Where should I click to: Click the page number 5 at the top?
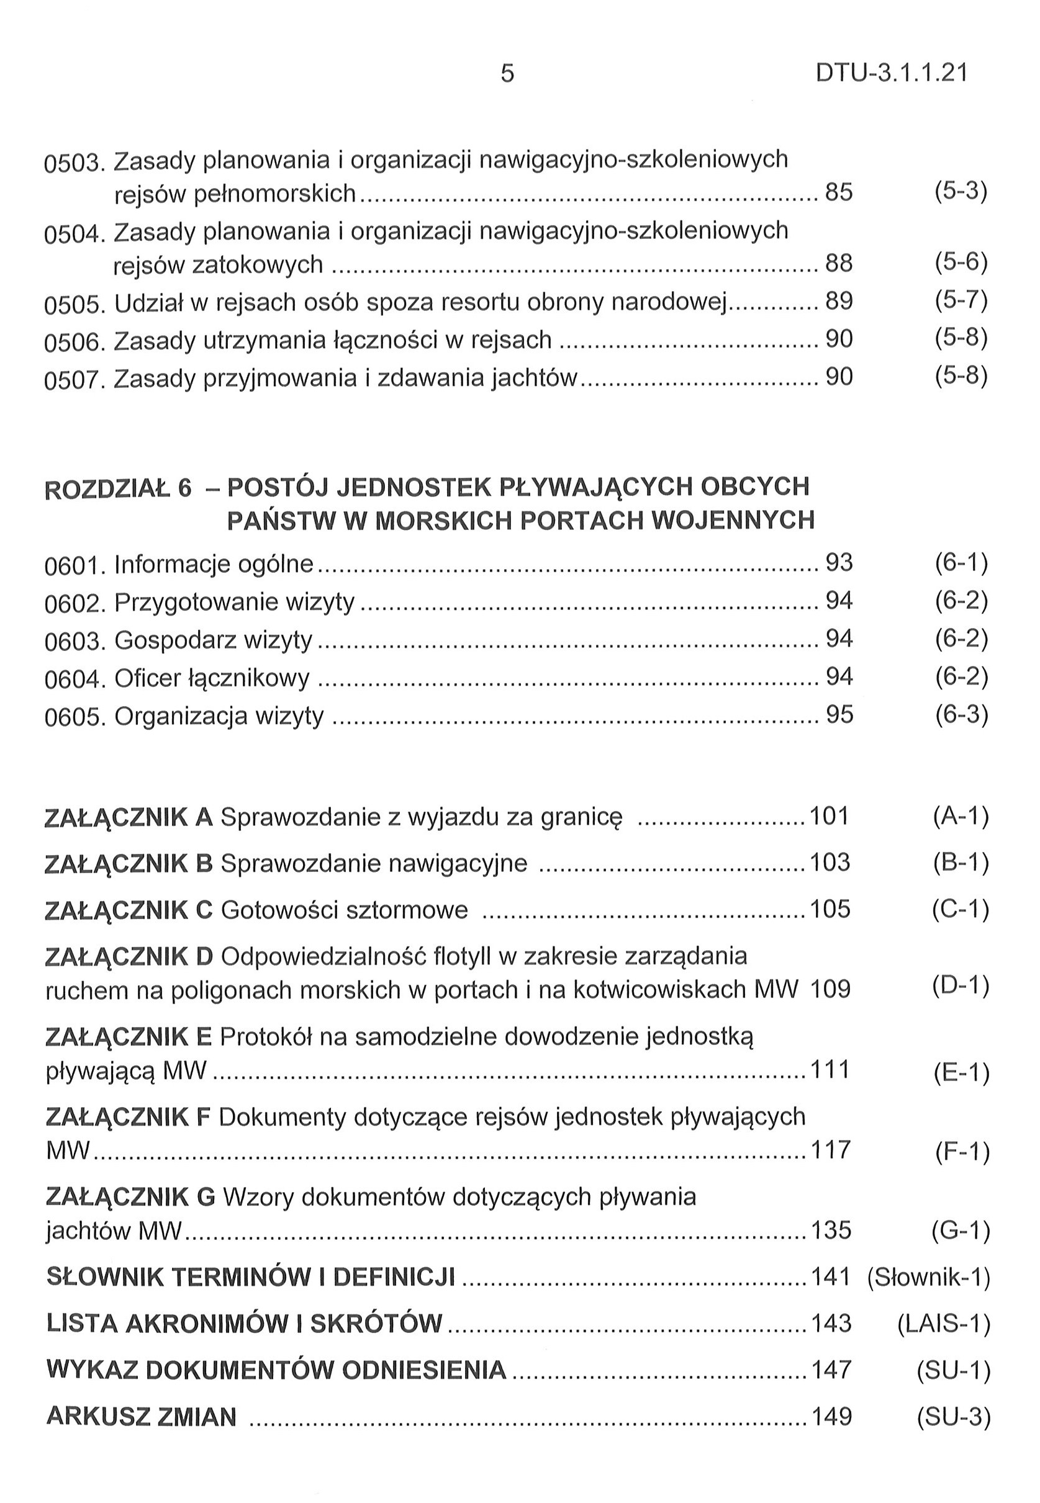click(507, 74)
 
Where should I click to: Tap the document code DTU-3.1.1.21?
click(892, 74)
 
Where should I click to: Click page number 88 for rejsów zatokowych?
click(839, 264)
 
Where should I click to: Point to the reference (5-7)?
click(961, 300)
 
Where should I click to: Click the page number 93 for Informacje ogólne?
click(839, 563)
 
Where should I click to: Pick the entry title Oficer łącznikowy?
click(212, 678)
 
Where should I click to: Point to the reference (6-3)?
click(961, 715)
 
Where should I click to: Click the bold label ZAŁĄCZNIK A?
click(129, 817)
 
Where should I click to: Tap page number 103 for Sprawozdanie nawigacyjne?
click(830, 863)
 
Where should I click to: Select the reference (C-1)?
click(961, 909)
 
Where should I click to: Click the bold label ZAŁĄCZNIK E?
click(129, 1036)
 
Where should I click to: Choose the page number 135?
click(831, 1230)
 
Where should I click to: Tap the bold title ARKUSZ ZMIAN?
click(142, 1416)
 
